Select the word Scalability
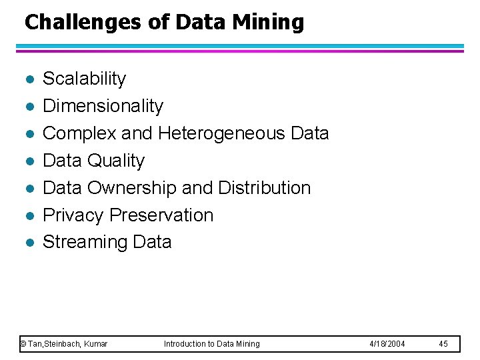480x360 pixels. [x=84, y=79]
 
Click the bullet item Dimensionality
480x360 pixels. [x=103, y=106]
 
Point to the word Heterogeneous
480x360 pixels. [x=222, y=133]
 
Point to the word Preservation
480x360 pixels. [x=161, y=215]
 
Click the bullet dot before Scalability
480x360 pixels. [x=27, y=80]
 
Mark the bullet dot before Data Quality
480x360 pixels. [x=27, y=162]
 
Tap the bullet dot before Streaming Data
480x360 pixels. [x=27, y=243]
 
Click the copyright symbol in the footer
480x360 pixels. [x=23, y=344]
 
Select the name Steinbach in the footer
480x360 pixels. [x=64, y=344]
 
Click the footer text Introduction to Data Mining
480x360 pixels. [x=212, y=344]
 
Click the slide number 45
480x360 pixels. [x=443, y=344]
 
